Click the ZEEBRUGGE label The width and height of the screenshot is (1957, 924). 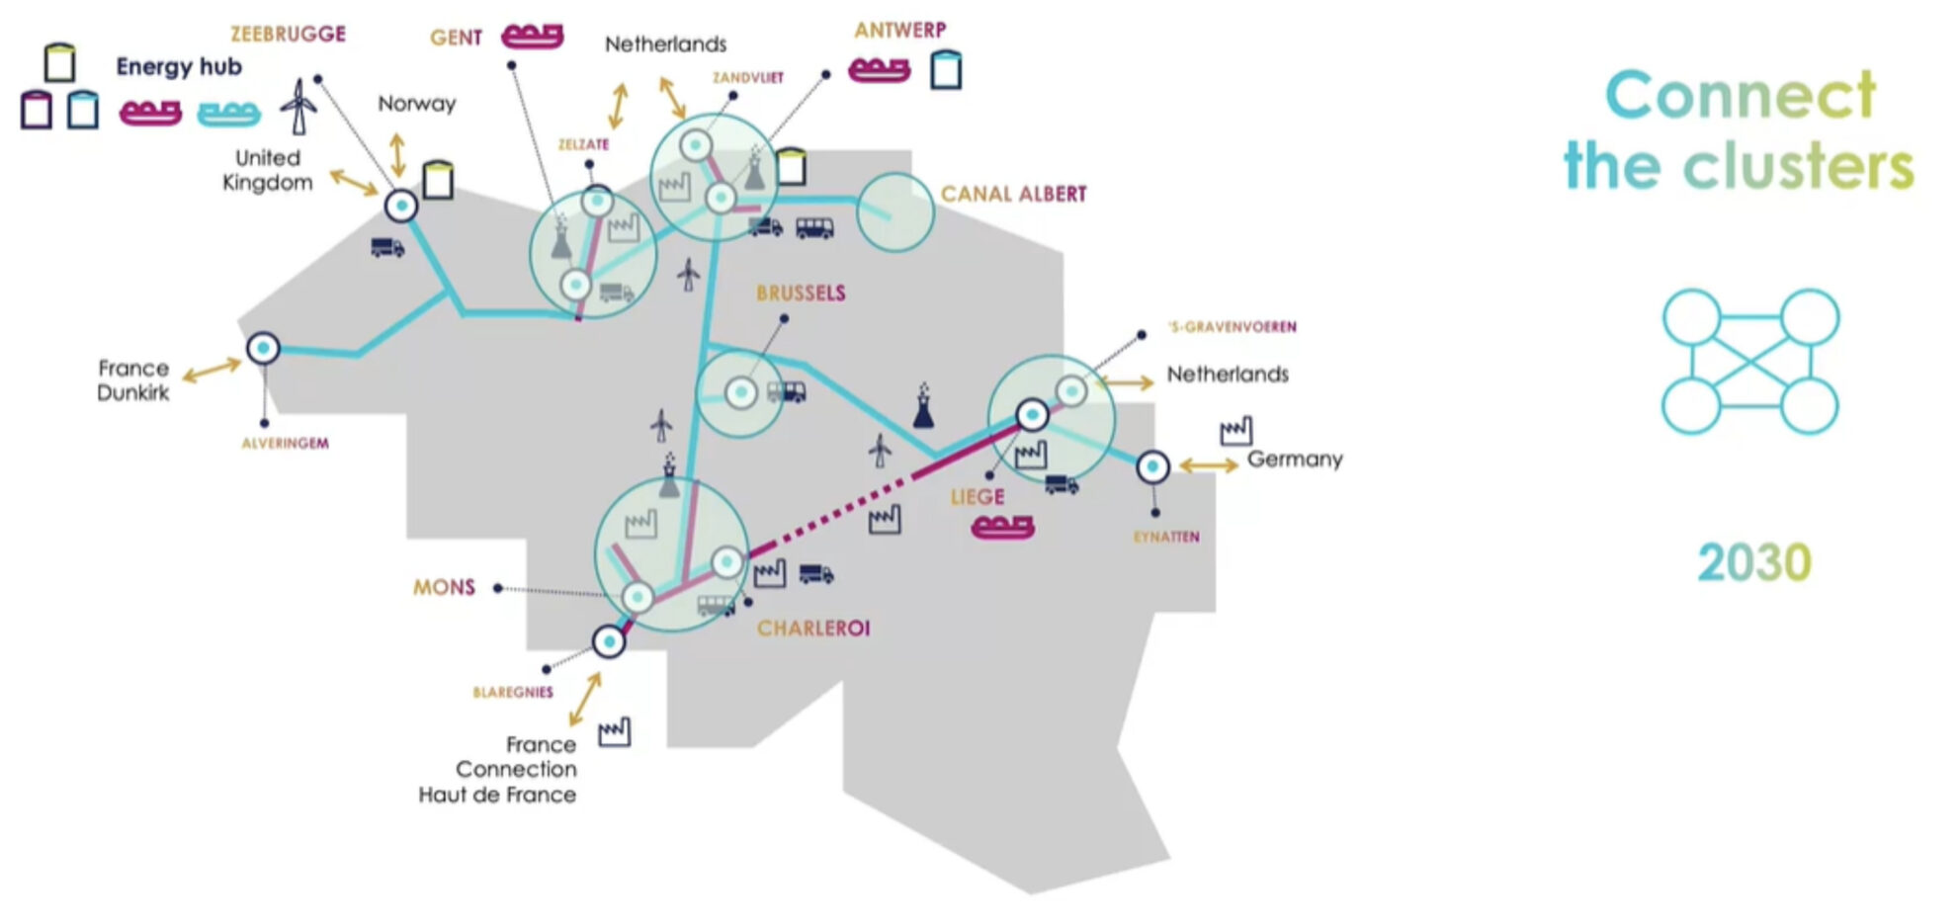tap(288, 35)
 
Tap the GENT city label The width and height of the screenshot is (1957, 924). tap(456, 38)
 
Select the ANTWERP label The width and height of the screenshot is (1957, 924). tap(899, 31)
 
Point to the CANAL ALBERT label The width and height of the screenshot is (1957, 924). tap(1013, 194)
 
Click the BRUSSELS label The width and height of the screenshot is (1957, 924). tap(801, 294)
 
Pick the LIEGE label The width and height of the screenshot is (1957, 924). tap(977, 497)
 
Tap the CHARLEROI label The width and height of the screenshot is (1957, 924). tap(813, 629)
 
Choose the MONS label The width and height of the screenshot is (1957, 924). tap(444, 588)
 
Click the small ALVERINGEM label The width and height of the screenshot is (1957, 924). tap(285, 444)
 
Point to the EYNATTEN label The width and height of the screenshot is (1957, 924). tap(1166, 538)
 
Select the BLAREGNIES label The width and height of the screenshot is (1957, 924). tap(513, 693)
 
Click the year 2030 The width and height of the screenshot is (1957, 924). tap(1753, 563)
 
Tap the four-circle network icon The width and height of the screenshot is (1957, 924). tap(1749, 362)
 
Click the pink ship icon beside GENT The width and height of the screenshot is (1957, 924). tap(532, 37)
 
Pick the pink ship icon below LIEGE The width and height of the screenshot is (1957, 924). tap(1002, 527)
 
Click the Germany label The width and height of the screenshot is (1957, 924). tap(1294, 460)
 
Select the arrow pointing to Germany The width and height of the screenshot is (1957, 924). tap(1208, 465)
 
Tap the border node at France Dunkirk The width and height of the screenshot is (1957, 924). tap(263, 349)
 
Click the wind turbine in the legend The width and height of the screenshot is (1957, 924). tap(298, 107)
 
